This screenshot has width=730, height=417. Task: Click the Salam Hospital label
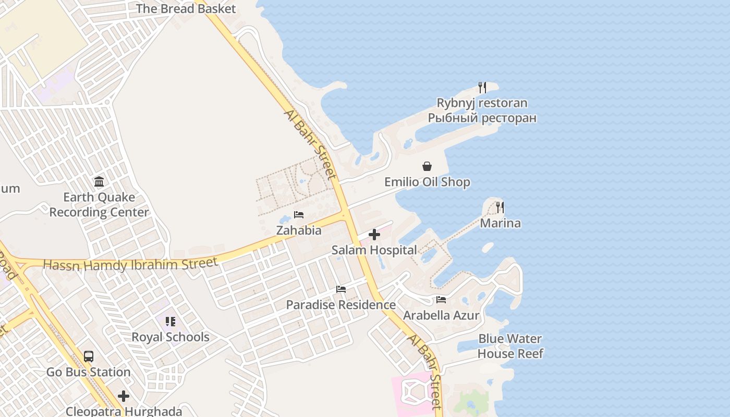pos(374,250)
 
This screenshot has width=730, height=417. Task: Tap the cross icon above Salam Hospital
pos(374,235)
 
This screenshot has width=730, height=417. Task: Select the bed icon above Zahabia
pos(299,215)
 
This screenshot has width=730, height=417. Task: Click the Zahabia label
pos(299,230)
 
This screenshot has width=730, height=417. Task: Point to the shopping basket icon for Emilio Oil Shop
pos(427,166)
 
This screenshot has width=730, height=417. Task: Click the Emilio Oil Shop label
pos(427,182)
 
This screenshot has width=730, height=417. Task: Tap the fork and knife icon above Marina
pos(500,207)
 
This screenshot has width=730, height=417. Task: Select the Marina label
pos(500,223)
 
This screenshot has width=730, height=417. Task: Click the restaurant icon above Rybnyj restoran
pos(482,87)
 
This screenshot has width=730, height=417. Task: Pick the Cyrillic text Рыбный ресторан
pos(482,118)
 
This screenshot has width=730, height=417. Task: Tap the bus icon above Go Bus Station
pos(89,357)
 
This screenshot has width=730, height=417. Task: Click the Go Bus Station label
pos(89,372)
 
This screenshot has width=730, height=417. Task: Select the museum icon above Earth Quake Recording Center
pos(99,182)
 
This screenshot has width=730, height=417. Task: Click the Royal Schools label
pos(171,337)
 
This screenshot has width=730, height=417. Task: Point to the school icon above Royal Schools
pos(171,322)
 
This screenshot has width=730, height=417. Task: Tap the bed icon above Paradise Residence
pos(341,289)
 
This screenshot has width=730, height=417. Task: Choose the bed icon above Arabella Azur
pos(441,300)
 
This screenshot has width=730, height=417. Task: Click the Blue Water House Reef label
pos(510,346)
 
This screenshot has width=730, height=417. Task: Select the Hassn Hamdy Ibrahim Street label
pos(130,264)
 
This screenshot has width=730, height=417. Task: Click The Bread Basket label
pos(186,9)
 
